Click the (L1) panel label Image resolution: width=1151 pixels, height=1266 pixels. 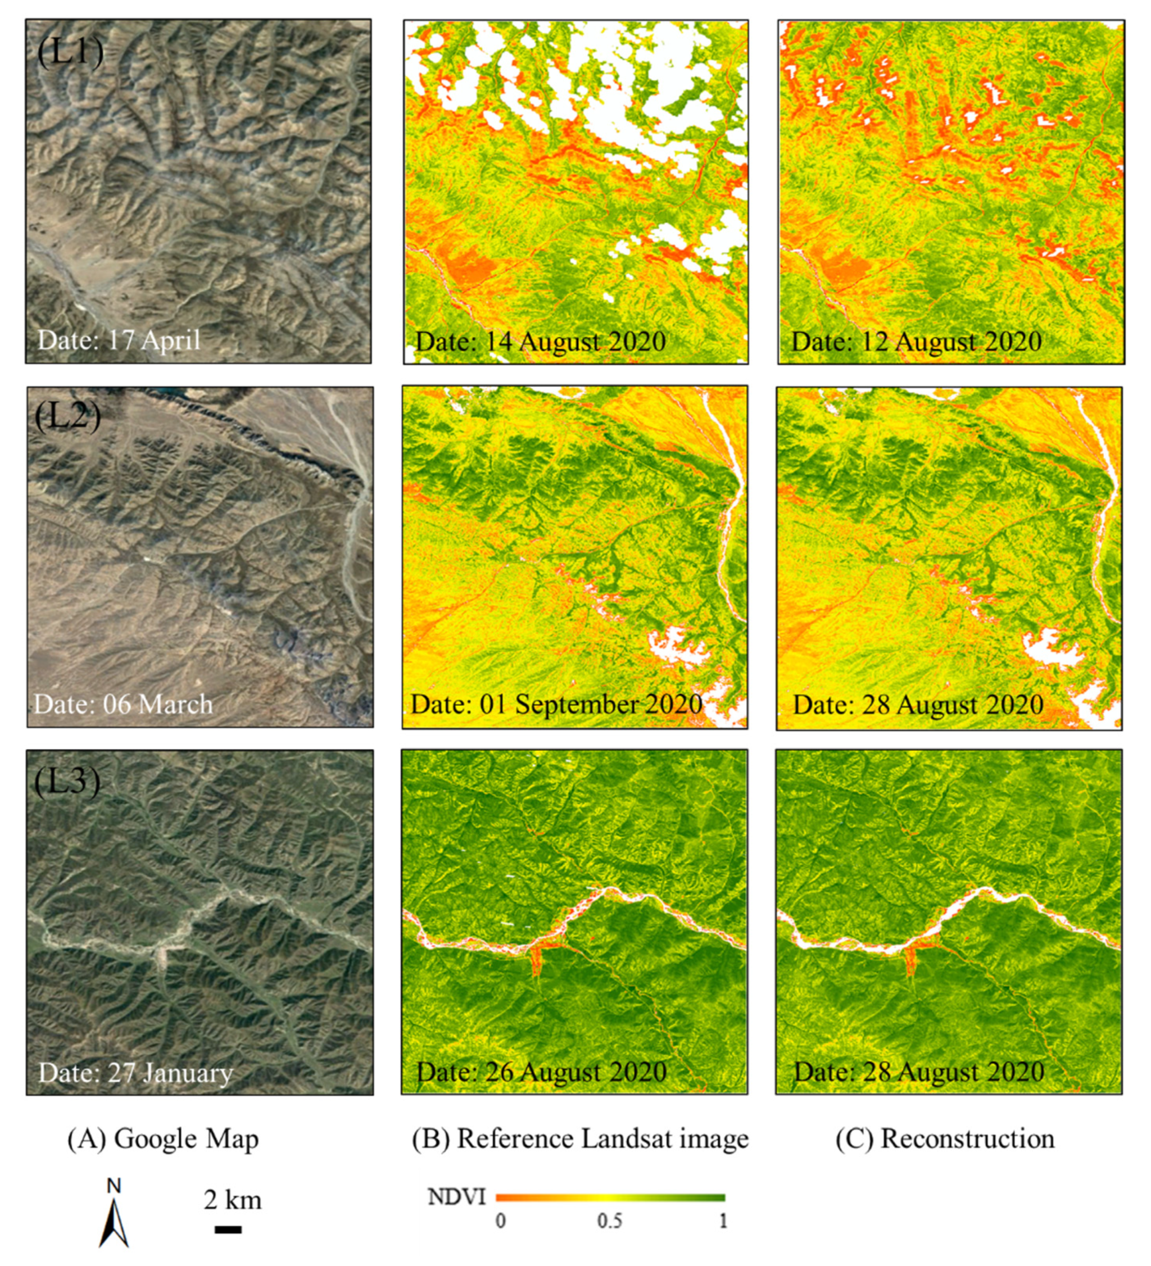coord(70,52)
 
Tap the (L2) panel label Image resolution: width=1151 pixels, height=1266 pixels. coord(68,416)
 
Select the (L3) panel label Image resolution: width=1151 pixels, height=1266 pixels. coord(67,782)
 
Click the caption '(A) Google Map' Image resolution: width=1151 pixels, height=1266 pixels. coord(163,1139)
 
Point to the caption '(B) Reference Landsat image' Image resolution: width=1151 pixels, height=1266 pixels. coord(580,1139)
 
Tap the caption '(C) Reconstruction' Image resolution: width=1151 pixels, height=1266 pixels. coord(945,1139)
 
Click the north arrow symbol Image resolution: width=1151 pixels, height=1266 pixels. coord(114,1214)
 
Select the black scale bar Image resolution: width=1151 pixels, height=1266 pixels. coord(228,1229)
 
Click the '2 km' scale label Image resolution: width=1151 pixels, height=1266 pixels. coord(232,1200)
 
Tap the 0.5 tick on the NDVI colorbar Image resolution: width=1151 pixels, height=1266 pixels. coord(610,1222)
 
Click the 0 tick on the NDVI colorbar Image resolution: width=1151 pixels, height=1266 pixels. coord(500,1222)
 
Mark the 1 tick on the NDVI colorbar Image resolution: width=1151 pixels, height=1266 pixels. coord(723,1222)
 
